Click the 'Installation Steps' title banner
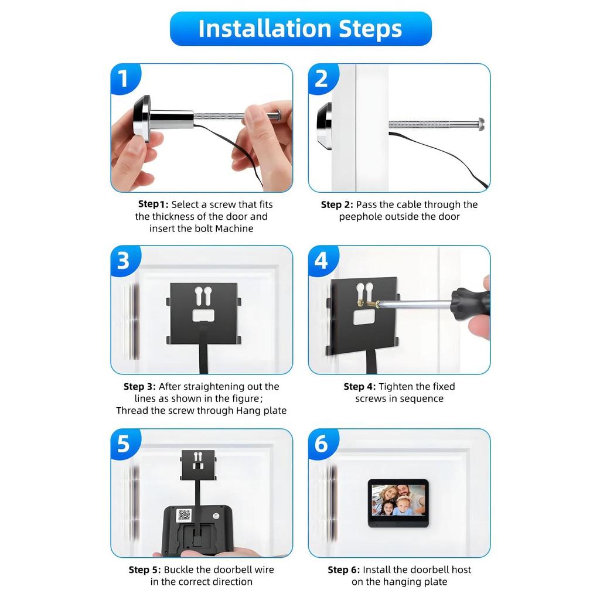tap(301, 29)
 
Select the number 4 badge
tap(322, 261)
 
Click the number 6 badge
tap(322, 444)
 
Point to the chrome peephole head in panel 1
tap(142, 118)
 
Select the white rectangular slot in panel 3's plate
tap(203, 315)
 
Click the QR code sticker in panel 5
tap(184, 515)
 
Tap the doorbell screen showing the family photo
tap(398, 500)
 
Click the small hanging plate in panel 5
tap(198, 465)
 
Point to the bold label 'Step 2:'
tap(337, 204)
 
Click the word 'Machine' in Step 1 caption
tap(234, 229)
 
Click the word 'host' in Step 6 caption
tap(461, 570)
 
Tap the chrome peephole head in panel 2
tap(325, 125)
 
